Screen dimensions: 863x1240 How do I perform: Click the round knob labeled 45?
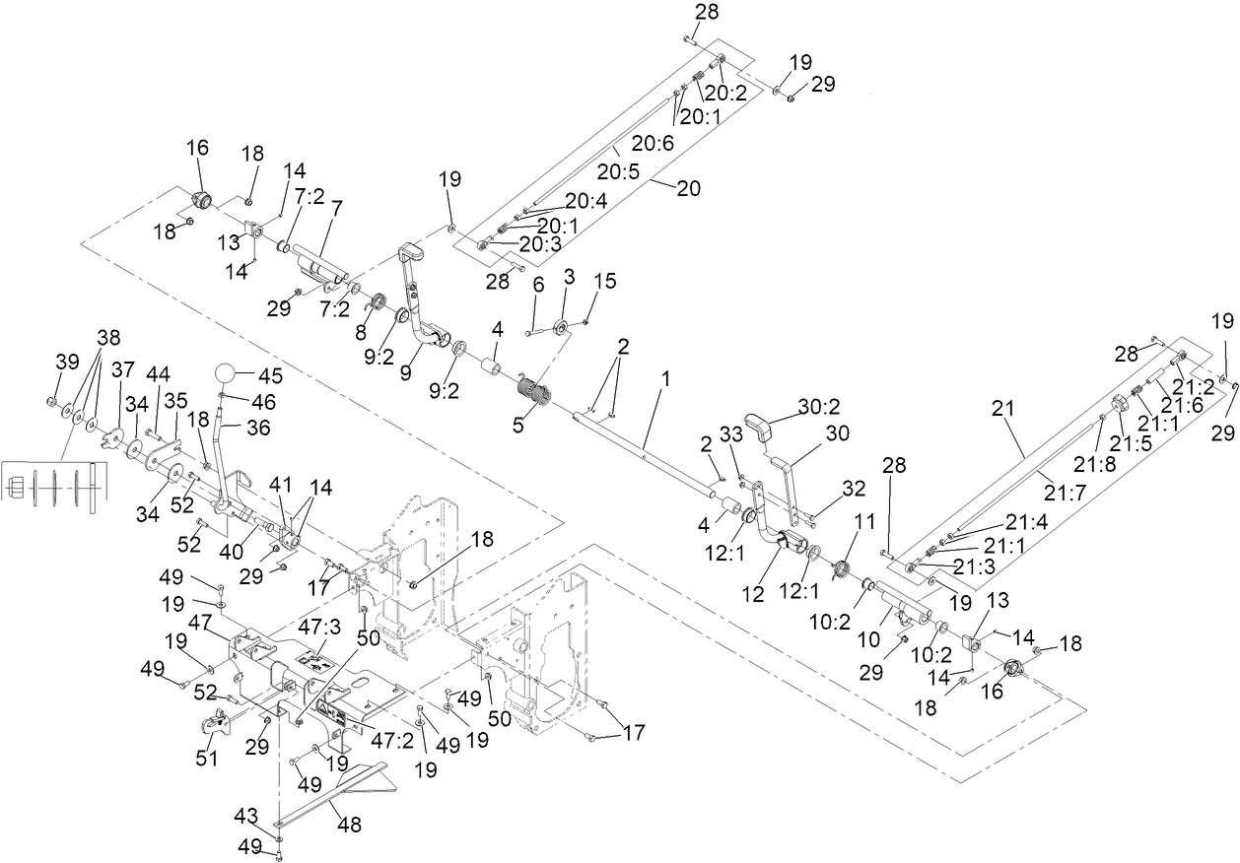[x=226, y=375]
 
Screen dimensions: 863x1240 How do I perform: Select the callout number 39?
[x=67, y=363]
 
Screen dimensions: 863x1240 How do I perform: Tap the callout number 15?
[x=605, y=281]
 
